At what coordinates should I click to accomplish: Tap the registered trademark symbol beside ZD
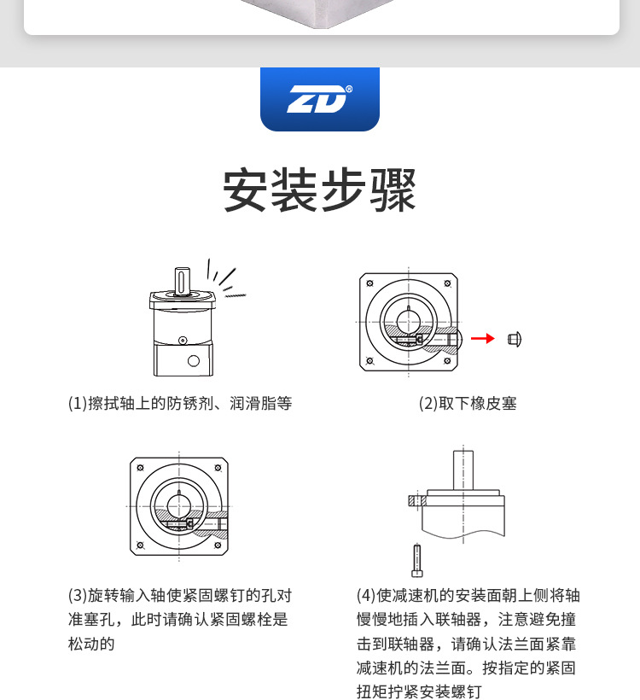(349, 89)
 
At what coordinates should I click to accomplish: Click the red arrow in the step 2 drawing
(482, 339)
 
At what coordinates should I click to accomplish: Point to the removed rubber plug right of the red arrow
(514, 339)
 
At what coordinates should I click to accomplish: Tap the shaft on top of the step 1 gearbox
(183, 279)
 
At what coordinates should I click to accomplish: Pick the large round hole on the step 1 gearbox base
(194, 360)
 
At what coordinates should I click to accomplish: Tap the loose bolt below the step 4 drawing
(416, 559)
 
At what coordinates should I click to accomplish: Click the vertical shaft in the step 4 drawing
(463, 468)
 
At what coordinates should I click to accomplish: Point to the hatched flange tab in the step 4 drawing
(417, 501)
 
